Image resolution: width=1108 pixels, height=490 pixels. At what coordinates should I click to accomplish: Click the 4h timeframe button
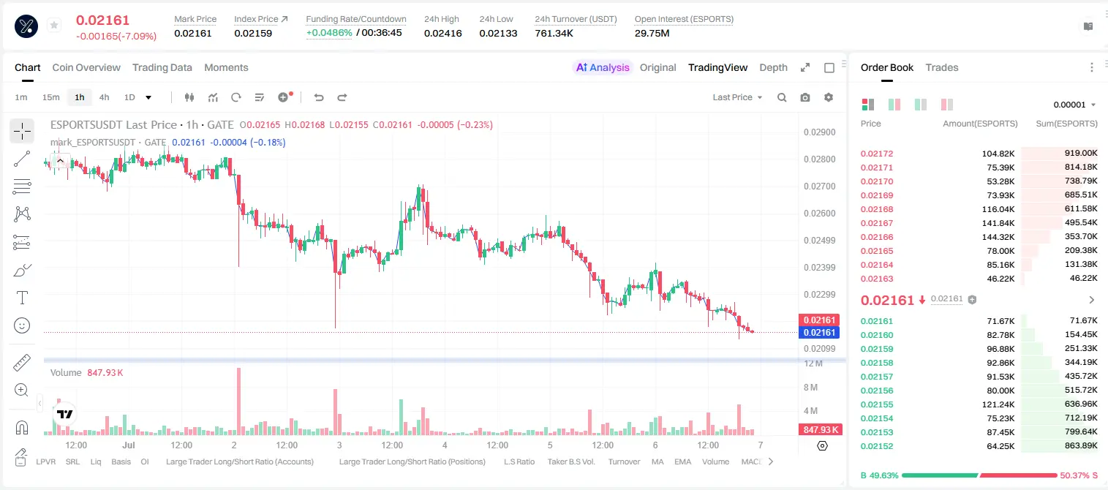coord(104,97)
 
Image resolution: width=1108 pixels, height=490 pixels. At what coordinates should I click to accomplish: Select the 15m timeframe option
coord(51,97)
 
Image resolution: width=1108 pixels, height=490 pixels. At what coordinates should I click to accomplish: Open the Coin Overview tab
coord(86,68)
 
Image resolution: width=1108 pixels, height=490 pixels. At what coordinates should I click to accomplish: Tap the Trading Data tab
coord(162,68)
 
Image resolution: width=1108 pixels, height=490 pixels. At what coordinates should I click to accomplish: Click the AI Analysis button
coord(603,68)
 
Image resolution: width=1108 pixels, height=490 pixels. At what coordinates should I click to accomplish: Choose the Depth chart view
coord(773,68)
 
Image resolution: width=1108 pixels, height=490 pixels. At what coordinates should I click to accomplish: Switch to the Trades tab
coord(942,68)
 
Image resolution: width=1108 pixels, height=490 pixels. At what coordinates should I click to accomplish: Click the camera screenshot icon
coord(805,97)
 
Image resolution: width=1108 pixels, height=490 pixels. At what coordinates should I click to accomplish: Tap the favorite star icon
coord(54,25)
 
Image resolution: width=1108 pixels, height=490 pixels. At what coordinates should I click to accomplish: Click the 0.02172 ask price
coord(877,154)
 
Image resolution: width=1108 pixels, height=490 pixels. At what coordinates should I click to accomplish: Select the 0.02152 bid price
coord(877,446)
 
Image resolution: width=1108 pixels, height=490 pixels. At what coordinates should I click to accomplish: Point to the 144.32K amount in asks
coord(998,237)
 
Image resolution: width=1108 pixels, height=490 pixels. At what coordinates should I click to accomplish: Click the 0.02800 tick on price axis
coord(820,159)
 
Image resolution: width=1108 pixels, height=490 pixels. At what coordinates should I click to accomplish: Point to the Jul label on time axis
coord(129,445)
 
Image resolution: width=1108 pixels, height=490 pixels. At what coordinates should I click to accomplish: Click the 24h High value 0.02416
coord(442,33)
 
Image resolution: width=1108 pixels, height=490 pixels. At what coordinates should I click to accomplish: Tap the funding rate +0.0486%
coord(329,33)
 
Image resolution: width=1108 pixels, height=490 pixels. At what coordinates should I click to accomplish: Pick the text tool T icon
coord(22,298)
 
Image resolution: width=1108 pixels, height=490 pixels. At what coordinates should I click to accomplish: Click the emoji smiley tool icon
coord(22,325)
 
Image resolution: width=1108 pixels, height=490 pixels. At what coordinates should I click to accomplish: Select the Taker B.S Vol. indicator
coord(570,461)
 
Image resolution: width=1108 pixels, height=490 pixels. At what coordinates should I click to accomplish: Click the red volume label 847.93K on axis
coord(821,430)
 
